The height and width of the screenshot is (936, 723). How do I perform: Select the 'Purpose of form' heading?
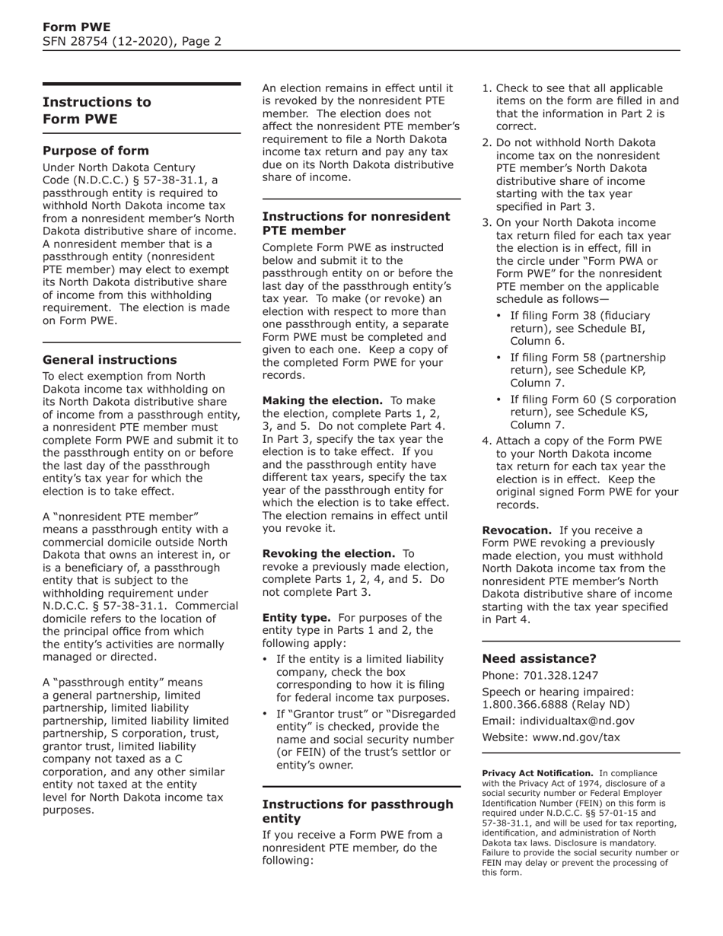pyautogui.click(x=96, y=151)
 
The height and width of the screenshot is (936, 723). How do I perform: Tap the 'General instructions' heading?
pyautogui.click(x=110, y=360)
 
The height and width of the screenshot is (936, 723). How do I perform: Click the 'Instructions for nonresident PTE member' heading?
pyautogui.click(x=355, y=223)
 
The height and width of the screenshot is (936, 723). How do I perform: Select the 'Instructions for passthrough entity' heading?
pyautogui.click(x=357, y=811)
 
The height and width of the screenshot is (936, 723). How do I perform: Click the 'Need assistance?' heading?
pyautogui.click(x=540, y=658)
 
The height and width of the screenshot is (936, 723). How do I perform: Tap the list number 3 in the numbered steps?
pyautogui.click(x=486, y=222)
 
